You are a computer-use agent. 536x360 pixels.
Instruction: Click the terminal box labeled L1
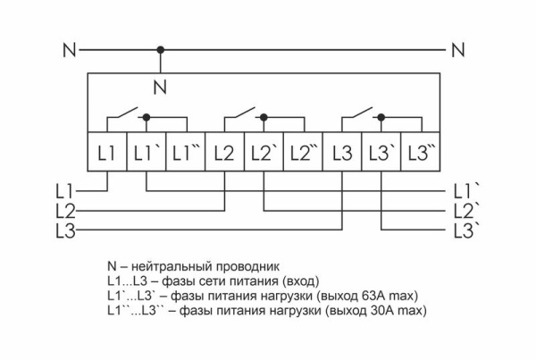coord(107,153)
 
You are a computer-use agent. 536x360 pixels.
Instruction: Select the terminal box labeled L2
coord(225,153)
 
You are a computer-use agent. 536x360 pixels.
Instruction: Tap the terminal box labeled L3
coord(342,153)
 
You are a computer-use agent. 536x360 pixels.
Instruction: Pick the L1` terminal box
coord(146,153)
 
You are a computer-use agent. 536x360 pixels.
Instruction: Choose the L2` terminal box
coord(264,153)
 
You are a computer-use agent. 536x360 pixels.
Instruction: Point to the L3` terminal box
coord(381,153)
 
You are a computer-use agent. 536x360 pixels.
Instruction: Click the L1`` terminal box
coord(186,153)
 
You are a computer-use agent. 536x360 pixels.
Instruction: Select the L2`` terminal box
coord(303,153)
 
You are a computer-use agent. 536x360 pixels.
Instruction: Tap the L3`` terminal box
coord(421,153)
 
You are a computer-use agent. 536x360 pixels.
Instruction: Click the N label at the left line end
coord(69,50)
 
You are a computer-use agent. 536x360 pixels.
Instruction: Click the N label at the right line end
coord(458,50)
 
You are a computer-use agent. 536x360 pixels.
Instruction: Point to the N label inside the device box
coord(160,88)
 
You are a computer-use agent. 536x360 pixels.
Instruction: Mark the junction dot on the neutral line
coord(160,50)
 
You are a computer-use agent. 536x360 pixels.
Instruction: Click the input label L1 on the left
coord(63,190)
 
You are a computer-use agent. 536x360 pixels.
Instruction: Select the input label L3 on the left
coord(63,231)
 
